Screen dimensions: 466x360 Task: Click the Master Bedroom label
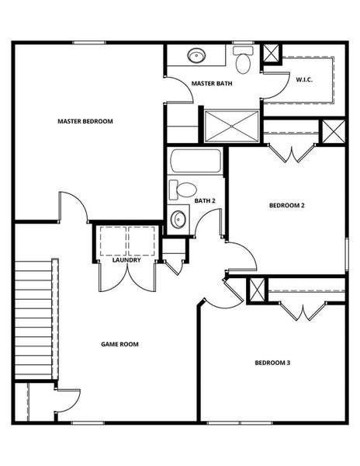coord(85,121)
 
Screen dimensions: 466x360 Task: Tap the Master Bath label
coord(211,84)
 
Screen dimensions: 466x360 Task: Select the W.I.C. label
coord(303,78)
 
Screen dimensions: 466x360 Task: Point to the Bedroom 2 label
coord(286,206)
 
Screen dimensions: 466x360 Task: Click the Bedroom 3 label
coord(272,363)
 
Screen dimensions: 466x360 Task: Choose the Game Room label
coord(119,344)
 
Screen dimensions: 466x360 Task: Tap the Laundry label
coord(126,260)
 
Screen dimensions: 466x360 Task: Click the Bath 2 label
coord(205,201)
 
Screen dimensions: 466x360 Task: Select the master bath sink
coord(196,56)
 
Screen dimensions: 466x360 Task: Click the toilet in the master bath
coord(244,60)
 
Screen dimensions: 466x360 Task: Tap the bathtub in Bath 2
coord(196,162)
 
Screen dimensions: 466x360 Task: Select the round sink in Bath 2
coord(178,218)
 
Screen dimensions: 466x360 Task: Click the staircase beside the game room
coord(33,318)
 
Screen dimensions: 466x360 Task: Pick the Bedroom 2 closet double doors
coord(293,153)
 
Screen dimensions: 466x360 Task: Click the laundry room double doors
coord(126,276)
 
